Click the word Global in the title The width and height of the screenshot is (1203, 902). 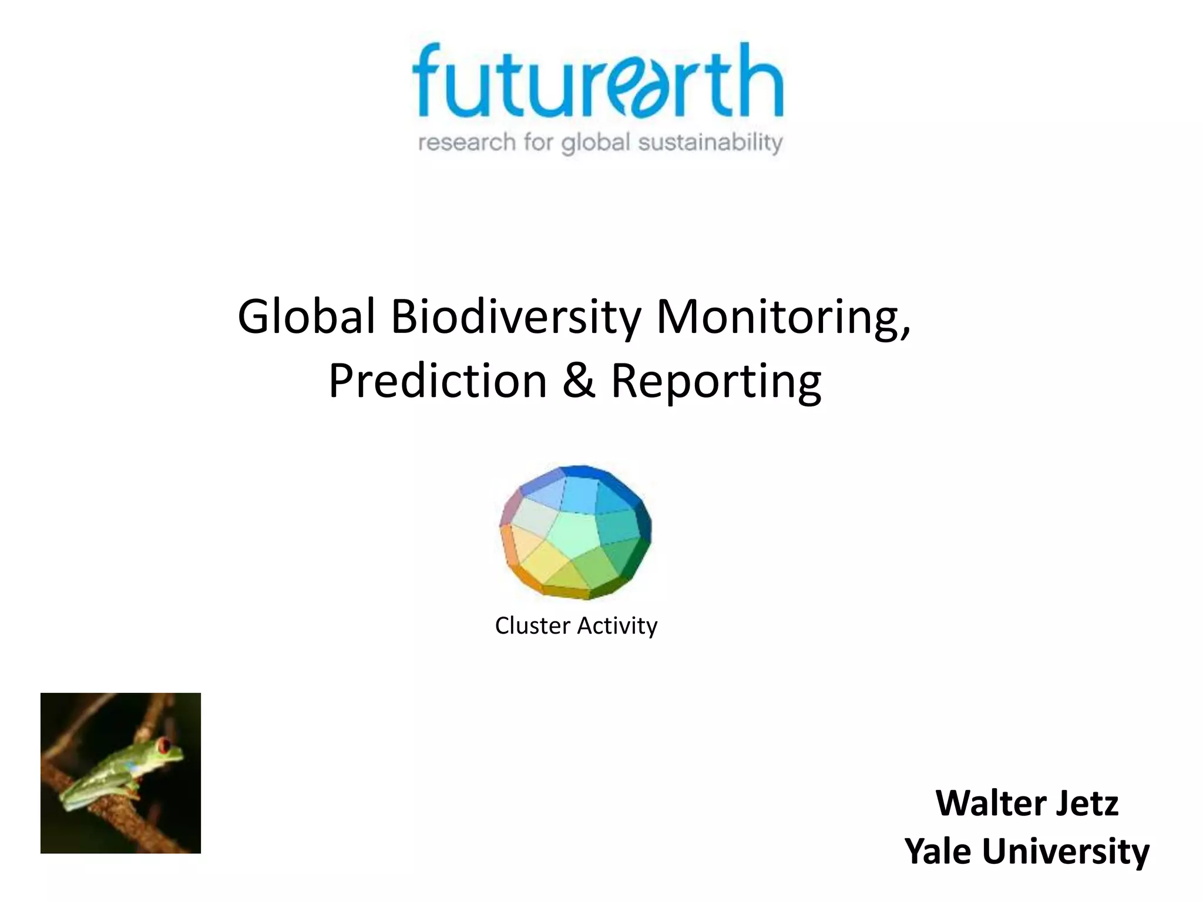click(x=306, y=317)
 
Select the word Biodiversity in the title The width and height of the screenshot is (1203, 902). click(x=516, y=317)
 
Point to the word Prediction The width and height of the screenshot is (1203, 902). click(x=438, y=381)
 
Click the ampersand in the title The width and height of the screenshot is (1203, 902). click(x=579, y=381)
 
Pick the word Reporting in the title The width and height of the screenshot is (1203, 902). click(x=716, y=381)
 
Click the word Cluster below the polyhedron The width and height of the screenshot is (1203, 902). click(x=532, y=626)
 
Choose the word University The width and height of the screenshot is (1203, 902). click(x=1066, y=851)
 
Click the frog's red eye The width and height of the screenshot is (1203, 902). click(x=165, y=746)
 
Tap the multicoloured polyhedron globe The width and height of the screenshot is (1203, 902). click(x=576, y=532)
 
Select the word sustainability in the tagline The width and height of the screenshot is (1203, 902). click(x=710, y=143)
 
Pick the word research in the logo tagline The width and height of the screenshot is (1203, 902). click(x=466, y=143)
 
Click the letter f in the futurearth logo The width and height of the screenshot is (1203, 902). click(x=428, y=79)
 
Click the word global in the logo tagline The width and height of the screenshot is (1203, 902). click(x=596, y=143)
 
